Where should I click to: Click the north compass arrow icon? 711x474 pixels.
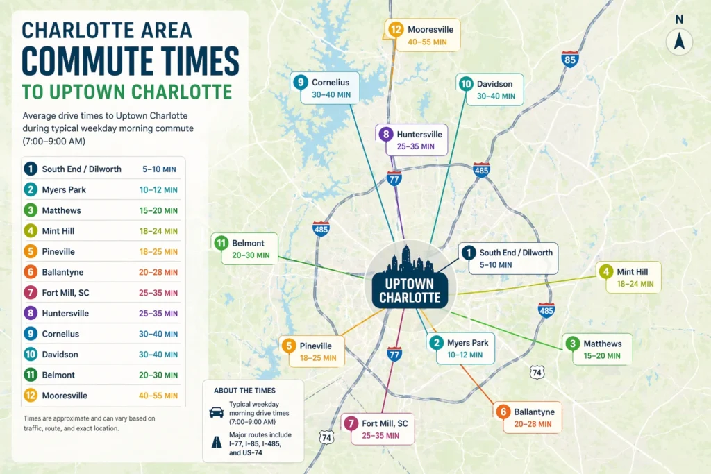tap(679, 42)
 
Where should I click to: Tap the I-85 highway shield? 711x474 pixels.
tap(570, 59)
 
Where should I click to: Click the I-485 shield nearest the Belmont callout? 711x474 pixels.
tap(321, 228)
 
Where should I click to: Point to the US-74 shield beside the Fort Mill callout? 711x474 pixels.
tap(326, 437)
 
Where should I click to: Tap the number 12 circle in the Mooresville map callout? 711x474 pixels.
tap(396, 30)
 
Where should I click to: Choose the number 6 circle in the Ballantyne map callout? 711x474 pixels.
tap(504, 411)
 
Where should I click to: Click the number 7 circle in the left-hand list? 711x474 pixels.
tap(31, 293)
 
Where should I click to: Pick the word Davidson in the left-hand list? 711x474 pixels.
tap(60, 355)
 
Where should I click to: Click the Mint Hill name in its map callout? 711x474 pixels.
tap(632, 272)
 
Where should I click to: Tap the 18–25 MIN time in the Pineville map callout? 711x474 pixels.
tap(318, 359)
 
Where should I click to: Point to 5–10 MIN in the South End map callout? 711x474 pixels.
tap(496, 264)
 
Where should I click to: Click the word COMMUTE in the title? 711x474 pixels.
tap(130, 62)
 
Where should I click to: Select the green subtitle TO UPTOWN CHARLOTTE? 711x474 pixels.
tap(126, 92)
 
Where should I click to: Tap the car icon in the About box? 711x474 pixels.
tap(217, 412)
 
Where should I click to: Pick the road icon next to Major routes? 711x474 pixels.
tap(217, 439)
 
